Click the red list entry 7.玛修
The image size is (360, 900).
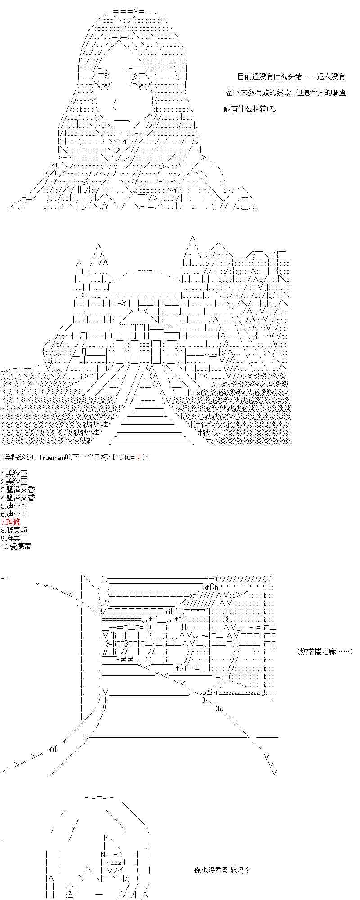(11, 522)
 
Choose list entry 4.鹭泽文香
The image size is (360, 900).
(18, 498)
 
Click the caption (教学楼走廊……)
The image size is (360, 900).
(325, 651)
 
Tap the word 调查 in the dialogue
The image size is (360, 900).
(338, 93)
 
